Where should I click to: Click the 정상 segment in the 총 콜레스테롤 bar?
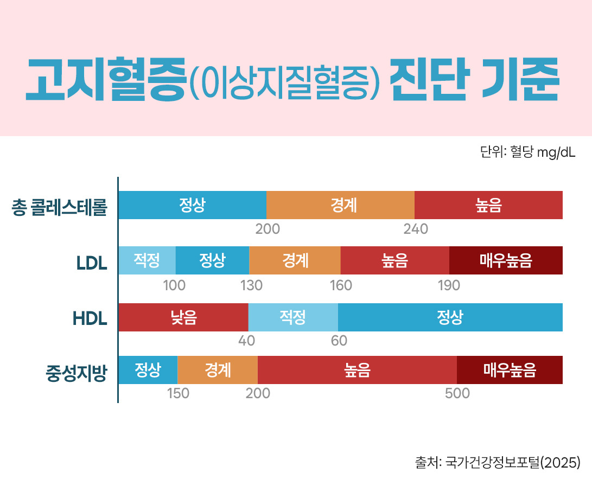192,205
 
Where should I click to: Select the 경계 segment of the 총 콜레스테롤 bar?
341,205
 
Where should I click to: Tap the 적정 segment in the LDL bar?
147,260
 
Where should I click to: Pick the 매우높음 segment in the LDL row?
506,260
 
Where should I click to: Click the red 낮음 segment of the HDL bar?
183,317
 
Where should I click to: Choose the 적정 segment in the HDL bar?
293,317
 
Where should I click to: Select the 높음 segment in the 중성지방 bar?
357,370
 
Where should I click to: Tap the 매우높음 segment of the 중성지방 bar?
510,370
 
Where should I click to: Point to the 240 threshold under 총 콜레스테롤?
416,229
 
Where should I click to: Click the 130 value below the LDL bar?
252,285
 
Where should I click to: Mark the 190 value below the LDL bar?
449,285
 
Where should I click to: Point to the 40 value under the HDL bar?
246,341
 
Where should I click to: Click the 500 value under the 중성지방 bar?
457,394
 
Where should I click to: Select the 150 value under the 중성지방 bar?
178,394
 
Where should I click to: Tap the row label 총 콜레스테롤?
60,207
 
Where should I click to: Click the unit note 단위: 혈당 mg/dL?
527,152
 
